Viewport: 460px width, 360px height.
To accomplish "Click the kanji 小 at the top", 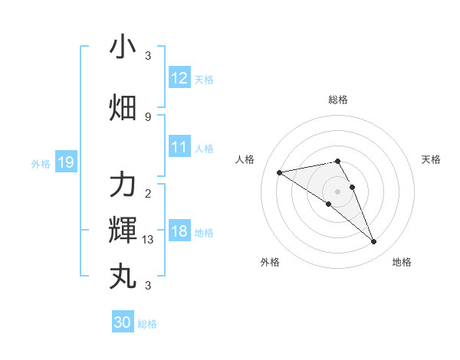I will coord(123,47).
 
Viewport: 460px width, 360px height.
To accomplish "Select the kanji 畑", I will coord(123,108).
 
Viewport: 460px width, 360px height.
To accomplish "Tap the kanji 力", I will coord(123,185).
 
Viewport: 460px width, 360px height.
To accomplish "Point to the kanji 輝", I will coord(123,229).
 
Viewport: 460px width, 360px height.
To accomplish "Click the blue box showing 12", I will coord(179,78).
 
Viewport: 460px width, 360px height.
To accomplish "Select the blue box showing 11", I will coord(179,147).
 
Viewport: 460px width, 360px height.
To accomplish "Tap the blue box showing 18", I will coord(179,232).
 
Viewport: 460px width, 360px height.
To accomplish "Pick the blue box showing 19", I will coord(65,162).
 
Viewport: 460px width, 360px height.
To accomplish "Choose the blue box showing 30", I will coord(123,322).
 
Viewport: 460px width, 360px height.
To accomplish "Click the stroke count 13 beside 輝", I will coord(148,240).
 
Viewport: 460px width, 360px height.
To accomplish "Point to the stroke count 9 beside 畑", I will coord(148,116).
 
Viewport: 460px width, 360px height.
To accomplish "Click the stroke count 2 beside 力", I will coord(148,193).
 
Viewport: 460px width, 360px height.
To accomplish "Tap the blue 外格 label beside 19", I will coord(40,163).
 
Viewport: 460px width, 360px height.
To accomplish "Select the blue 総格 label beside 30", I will coord(147,324).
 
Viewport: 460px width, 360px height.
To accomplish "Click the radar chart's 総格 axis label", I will coord(338,100).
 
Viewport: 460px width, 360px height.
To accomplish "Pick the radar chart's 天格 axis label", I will coord(432,159).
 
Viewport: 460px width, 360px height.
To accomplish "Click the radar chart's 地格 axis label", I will coord(402,262).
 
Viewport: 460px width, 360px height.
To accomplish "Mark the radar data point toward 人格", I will coord(280,172).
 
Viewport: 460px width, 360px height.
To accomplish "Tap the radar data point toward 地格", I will coord(374,242).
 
